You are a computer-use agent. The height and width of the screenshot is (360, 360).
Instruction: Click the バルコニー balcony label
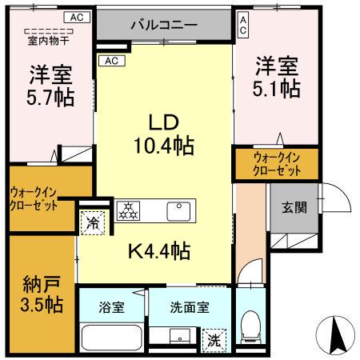tap(164, 25)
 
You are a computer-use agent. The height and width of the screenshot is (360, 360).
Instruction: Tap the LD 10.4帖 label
tap(167, 134)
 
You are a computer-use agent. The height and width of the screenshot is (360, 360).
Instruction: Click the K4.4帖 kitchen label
tap(159, 251)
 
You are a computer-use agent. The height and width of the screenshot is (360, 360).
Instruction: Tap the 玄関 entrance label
tap(294, 208)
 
